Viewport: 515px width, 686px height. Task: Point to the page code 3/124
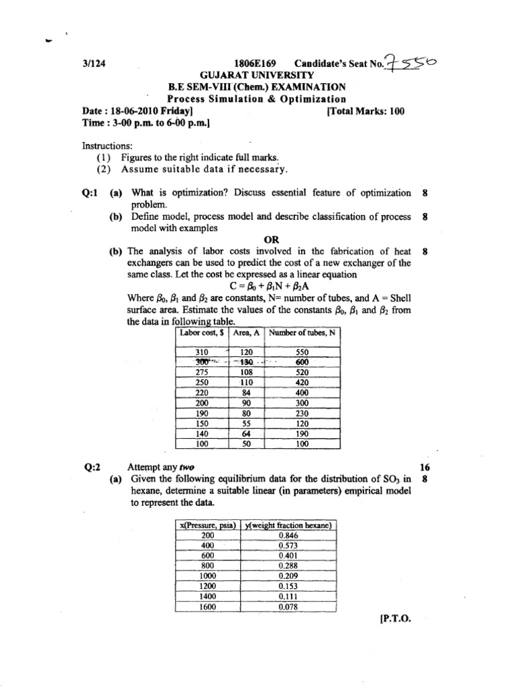point(93,64)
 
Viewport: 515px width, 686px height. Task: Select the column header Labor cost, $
point(202,333)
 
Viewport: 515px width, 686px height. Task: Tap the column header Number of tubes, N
point(302,333)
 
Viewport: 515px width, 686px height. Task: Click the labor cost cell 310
point(202,352)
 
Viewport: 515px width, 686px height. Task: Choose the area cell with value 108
point(249,371)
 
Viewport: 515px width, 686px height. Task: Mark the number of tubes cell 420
point(302,381)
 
